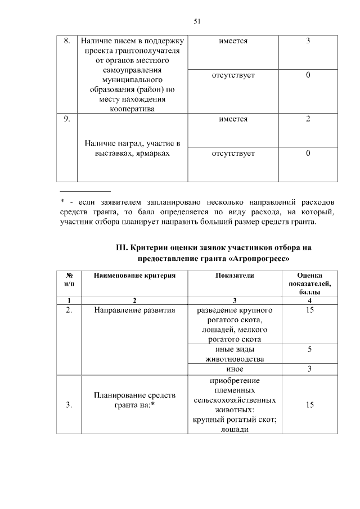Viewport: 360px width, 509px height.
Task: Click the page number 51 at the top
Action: coord(197,21)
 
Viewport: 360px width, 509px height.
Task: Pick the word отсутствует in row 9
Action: coord(233,153)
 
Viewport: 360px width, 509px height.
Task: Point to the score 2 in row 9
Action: coord(308,119)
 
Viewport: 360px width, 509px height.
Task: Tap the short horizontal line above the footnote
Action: coord(85,191)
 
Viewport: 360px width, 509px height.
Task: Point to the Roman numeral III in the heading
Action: coord(121,247)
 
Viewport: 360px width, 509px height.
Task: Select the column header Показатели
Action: coord(234,276)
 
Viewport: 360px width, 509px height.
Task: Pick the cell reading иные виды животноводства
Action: coord(234,354)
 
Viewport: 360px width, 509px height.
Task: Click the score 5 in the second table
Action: coord(309,349)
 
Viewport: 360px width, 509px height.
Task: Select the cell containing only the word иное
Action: coord(234,369)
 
